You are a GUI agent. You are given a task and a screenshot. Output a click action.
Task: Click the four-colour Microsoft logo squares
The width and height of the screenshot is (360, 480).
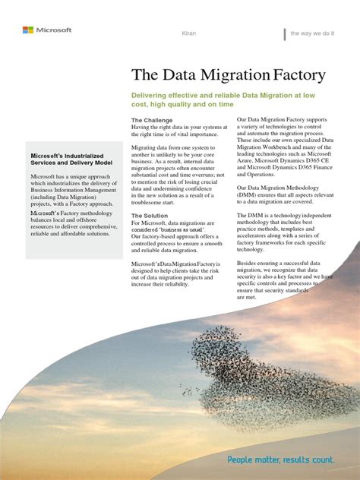click(27, 30)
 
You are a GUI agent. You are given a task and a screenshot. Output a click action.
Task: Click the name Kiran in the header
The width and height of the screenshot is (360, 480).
click(191, 33)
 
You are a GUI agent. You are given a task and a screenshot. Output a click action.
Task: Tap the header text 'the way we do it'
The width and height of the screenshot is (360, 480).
click(313, 33)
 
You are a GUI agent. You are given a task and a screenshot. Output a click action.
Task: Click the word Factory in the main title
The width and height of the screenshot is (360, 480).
click(294, 74)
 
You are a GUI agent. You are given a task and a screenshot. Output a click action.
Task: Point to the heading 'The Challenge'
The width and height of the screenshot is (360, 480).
click(152, 120)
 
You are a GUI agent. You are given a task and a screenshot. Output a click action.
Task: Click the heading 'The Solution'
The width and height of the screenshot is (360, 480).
click(150, 216)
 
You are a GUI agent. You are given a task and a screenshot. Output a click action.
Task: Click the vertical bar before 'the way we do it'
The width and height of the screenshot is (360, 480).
click(284, 34)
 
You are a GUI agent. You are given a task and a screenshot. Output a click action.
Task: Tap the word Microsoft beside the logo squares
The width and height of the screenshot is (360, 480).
click(52, 30)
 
